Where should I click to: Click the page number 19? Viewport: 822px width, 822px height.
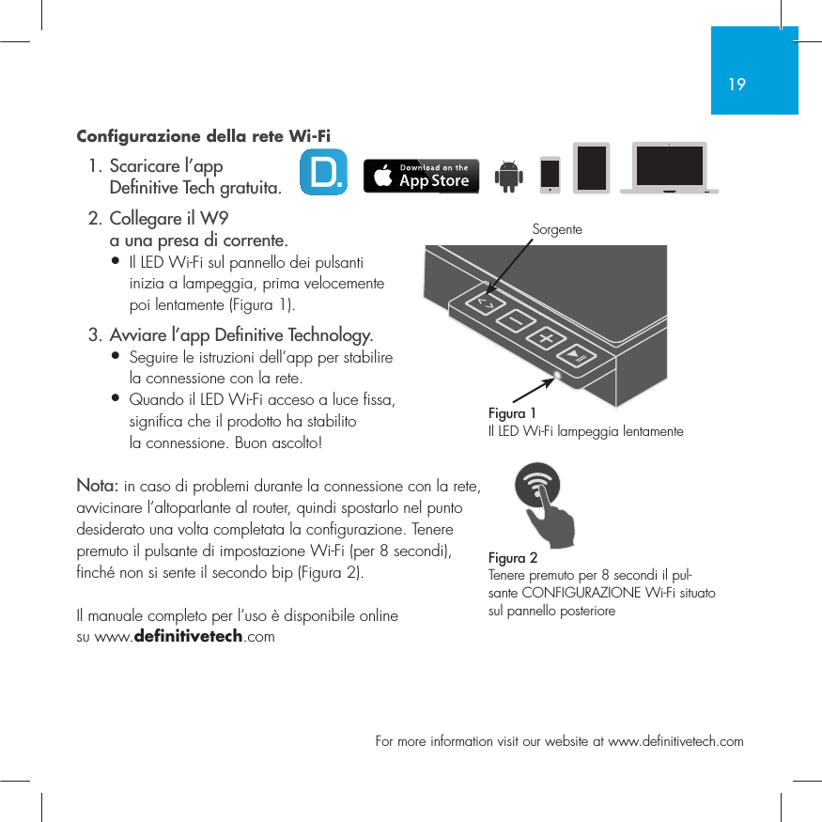click(x=737, y=85)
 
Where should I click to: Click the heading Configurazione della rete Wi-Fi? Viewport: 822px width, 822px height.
click(x=202, y=135)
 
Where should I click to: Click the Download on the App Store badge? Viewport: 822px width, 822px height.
click(x=421, y=176)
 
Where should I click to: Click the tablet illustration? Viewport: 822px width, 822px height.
click(x=592, y=168)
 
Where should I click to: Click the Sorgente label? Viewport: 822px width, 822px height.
click(x=557, y=229)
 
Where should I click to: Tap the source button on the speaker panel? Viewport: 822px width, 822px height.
click(x=486, y=303)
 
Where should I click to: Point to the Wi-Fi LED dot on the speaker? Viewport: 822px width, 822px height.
click(x=558, y=377)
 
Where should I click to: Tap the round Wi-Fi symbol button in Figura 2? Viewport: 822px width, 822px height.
click(x=540, y=489)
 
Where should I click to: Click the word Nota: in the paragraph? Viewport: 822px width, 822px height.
click(x=97, y=486)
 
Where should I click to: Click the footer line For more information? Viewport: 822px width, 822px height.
click(x=559, y=741)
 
